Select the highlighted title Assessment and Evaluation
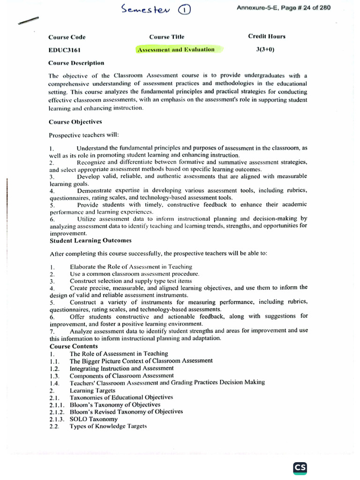pos(176,49)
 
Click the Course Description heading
pos(76,62)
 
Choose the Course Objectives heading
pos(75,122)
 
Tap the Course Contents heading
pos(73,346)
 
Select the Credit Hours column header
pos(267,37)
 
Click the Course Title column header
pos(166,37)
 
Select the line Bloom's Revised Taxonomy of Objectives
pos(126,412)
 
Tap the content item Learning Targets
pos(92,390)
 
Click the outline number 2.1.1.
pos(57,405)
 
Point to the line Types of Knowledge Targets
pos(108,426)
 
